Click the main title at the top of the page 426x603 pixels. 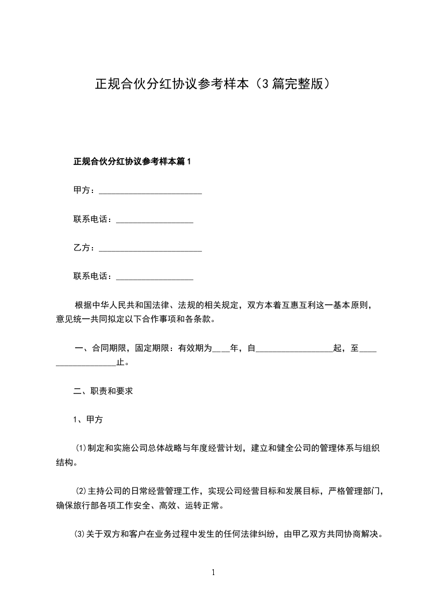(x=212, y=84)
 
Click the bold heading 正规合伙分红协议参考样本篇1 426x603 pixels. (x=132, y=161)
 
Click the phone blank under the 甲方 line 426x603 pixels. (x=154, y=220)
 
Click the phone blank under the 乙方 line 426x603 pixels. (x=154, y=277)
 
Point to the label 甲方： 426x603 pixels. (x=84, y=190)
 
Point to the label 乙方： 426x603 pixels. (x=84, y=248)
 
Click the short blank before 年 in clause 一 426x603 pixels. (x=221, y=349)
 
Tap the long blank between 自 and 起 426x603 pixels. (x=294, y=349)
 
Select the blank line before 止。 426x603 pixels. (x=86, y=363)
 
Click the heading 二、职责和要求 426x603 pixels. (x=103, y=391)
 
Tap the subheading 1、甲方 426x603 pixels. (x=88, y=420)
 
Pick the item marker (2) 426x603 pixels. (x=81, y=491)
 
